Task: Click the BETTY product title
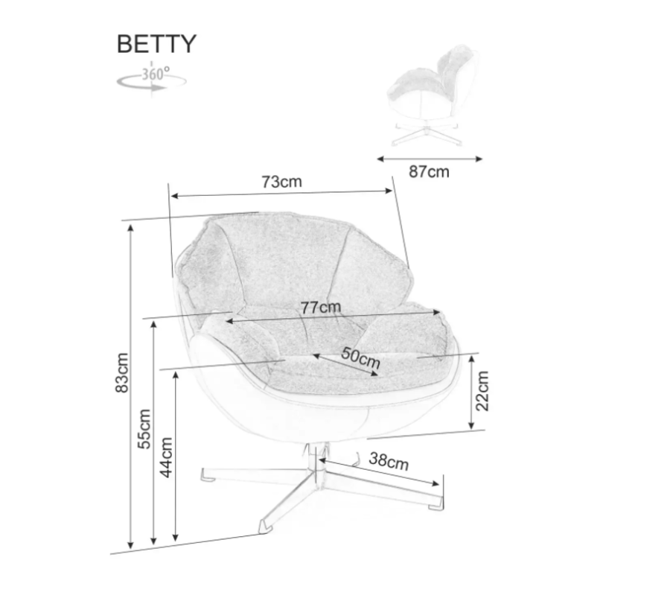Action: [156, 44]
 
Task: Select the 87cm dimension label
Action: [430, 172]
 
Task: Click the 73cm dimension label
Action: [281, 181]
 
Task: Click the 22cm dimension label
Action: [483, 392]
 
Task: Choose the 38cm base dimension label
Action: [389, 461]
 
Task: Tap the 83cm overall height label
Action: [123, 372]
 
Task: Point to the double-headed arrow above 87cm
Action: [430, 158]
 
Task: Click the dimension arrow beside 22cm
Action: [472, 392]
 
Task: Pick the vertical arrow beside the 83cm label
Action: [132, 387]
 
